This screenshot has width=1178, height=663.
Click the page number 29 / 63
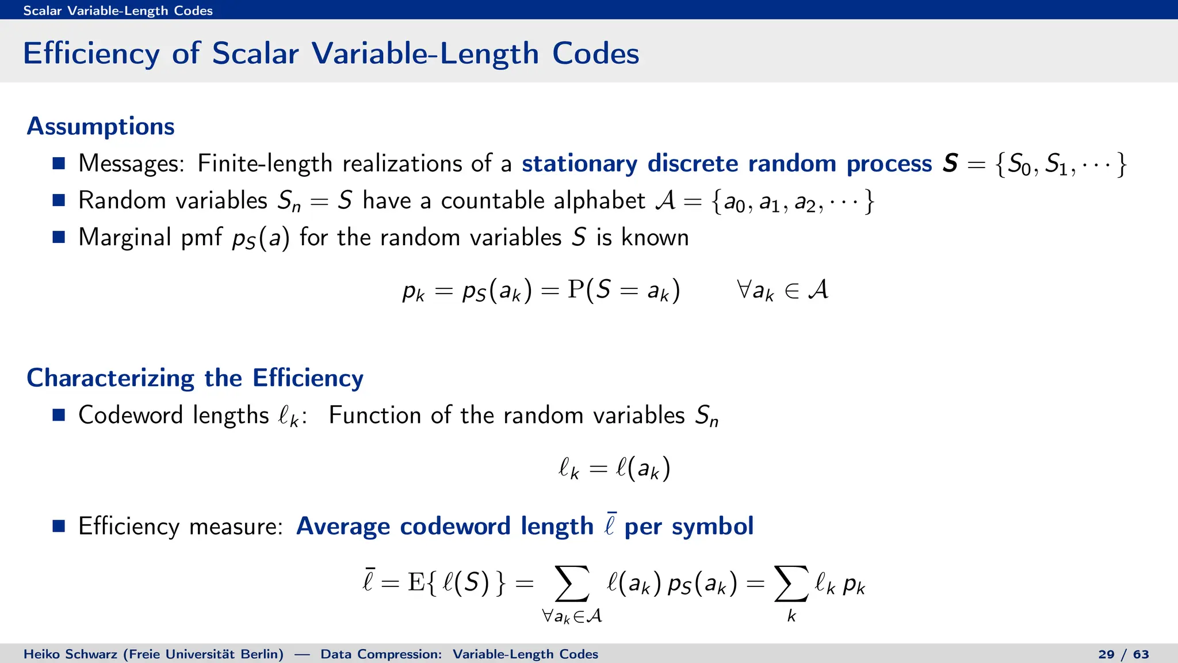pyautogui.click(x=1123, y=654)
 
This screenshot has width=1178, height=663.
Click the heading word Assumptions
pyautogui.click(x=101, y=127)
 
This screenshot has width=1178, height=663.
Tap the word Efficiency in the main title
pyautogui.click(x=91, y=54)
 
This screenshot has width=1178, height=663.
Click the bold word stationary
pyautogui.click(x=579, y=164)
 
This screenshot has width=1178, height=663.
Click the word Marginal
pyautogui.click(x=125, y=238)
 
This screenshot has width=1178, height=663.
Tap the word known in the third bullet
pyautogui.click(x=655, y=238)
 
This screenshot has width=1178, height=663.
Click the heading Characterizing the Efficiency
pyautogui.click(x=195, y=378)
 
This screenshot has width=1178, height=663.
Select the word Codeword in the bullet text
pyautogui.click(x=130, y=415)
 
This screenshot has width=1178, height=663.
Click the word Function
pyautogui.click(x=374, y=415)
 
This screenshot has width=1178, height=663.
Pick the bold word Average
pyautogui.click(x=343, y=527)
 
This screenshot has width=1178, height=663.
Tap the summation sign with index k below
pyautogui.click(x=791, y=584)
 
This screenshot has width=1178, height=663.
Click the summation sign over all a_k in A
pyautogui.click(x=572, y=584)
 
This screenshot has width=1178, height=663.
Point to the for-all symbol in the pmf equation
pyautogui.click(x=744, y=289)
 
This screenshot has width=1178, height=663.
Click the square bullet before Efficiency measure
pyautogui.click(x=59, y=526)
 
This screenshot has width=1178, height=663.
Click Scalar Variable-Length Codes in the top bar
pyautogui.click(x=118, y=10)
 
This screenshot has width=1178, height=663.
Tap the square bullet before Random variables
pyautogui.click(x=59, y=200)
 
